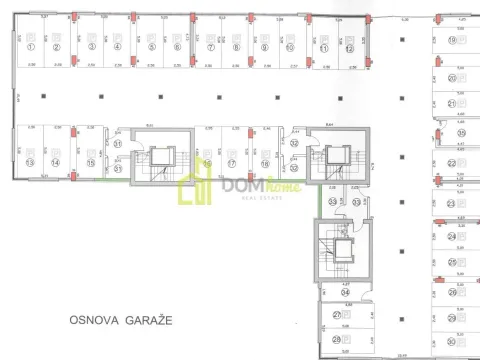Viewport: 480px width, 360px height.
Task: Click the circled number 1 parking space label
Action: [31, 46]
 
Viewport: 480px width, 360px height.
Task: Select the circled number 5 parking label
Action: [150, 46]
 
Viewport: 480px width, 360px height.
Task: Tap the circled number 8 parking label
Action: [237, 46]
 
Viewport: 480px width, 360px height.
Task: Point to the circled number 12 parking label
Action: [350, 46]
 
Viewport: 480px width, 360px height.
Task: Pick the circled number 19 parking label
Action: [452, 40]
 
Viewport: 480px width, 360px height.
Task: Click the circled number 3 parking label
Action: [91, 46]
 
